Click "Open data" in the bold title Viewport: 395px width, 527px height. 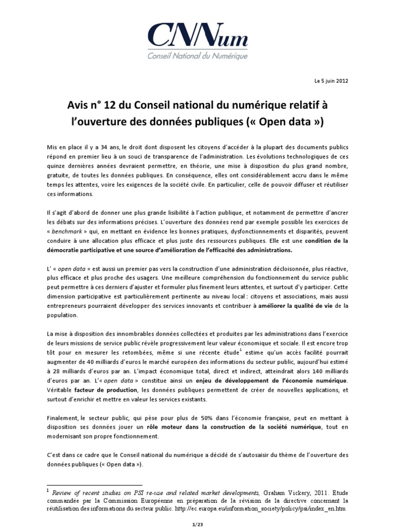coord(290,124)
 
